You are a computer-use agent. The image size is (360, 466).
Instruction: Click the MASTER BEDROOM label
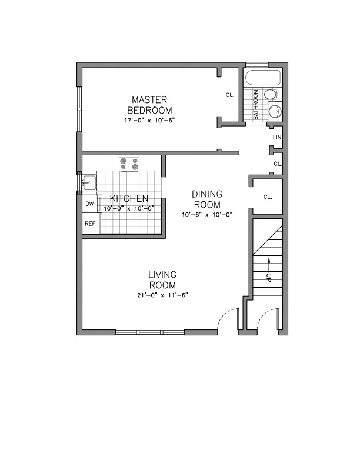tap(151, 105)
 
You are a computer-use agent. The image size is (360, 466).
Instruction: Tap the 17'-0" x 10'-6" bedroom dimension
tap(150, 120)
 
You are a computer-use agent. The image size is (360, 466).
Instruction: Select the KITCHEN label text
tap(129, 199)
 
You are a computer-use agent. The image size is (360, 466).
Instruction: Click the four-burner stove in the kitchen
tap(129, 163)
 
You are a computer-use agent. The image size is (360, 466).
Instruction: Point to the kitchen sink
tap(89, 182)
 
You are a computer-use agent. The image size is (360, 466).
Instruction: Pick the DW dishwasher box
tap(90, 204)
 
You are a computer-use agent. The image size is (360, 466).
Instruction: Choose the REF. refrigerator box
tap(91, 224)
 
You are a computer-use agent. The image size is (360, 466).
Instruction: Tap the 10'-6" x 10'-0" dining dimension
tap(208, 214)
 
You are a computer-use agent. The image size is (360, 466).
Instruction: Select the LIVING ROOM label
tap(163, 279)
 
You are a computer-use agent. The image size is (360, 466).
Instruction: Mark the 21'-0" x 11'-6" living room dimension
tap(163, 294)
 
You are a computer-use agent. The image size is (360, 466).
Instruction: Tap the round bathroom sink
tap(274, 111)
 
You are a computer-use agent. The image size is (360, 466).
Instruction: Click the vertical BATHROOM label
tap(256, 105)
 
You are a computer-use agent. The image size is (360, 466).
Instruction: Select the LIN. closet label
tap(278, 137)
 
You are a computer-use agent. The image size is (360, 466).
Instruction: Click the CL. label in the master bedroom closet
tap(230, 95)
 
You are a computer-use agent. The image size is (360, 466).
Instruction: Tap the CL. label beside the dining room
tap(268, 197)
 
